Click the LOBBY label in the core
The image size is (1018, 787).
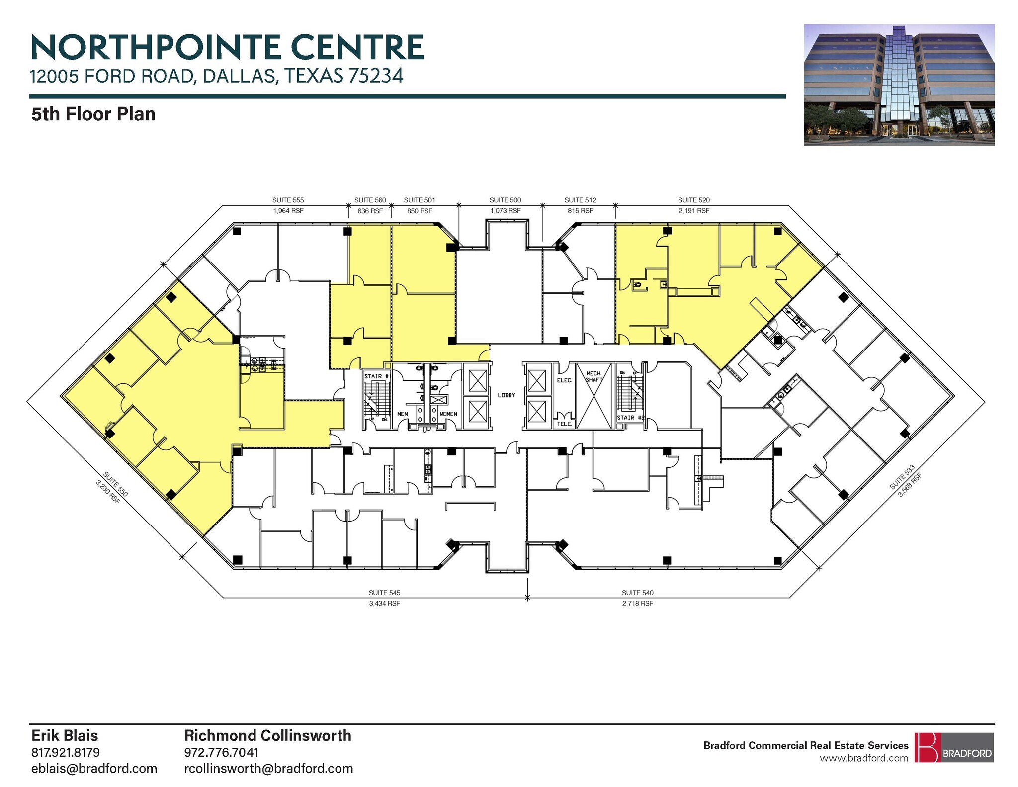tap(506, 395)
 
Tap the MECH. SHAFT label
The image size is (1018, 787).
tap(594, 377)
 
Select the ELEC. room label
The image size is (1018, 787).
tap(564, 380)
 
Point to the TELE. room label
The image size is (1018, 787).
tap(564, 424)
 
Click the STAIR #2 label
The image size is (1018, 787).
tap(630, 418)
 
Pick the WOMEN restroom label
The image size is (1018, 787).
tap(448, 414)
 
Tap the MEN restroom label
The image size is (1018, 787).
tap(402, 414)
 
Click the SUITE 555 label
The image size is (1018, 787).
tap(288, 200)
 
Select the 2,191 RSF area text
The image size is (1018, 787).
tap(693, 211)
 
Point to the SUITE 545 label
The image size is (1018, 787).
tap(384, 593)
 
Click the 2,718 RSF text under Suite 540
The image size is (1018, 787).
tap(637, 603)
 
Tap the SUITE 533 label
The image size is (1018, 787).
tap(902, 477)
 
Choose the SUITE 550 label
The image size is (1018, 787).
tap(116, 484)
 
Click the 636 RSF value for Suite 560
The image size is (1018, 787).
tap(370, 211)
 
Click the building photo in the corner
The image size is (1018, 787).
tap(899, 85)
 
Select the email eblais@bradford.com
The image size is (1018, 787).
tap(94, 768)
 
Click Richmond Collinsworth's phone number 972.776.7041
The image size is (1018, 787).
tap(221, 752)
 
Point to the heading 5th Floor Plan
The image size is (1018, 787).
tap(93, 114)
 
